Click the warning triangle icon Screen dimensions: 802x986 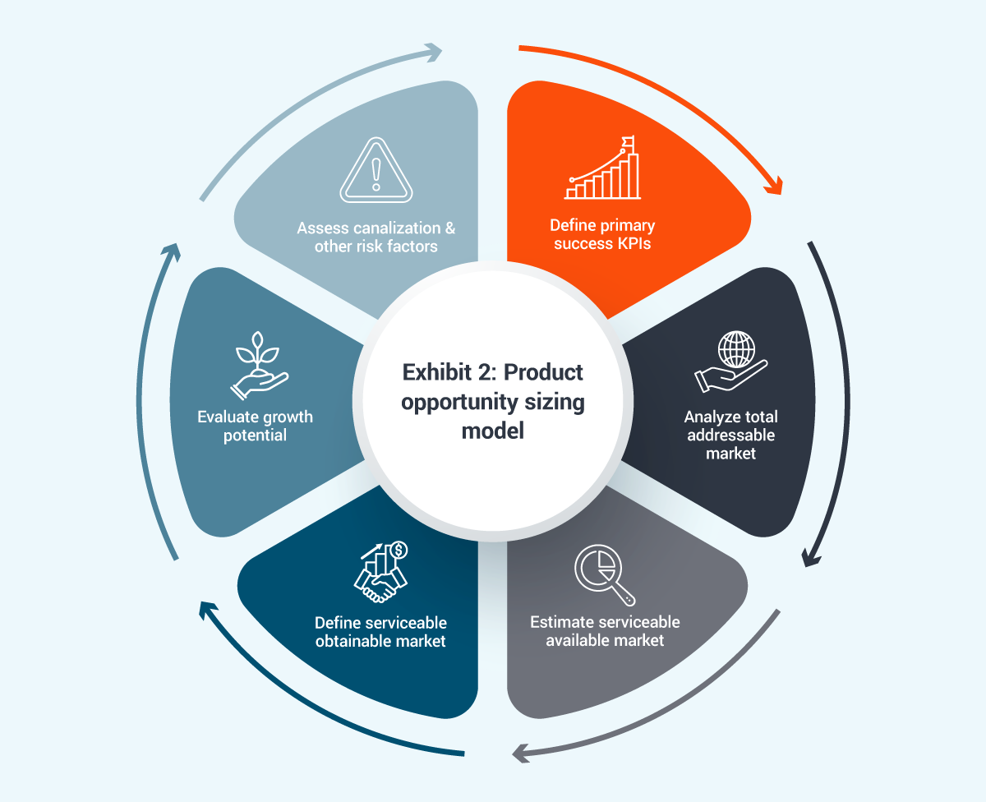point(376,169)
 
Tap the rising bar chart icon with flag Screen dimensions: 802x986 point(601,169)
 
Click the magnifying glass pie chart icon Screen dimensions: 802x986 point(604,575)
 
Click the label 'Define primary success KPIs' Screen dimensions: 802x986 point(602,234)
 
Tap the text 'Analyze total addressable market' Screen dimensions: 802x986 point(730,435)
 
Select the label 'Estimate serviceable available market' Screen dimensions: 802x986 point(605,630)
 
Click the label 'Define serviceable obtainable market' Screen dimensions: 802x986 point(380,631)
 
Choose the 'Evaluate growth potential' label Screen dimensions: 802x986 point(255,426)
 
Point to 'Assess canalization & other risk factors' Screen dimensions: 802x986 point(376,237)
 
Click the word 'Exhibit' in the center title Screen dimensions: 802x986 point(435,372)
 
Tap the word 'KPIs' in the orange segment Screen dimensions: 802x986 point(632,243)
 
